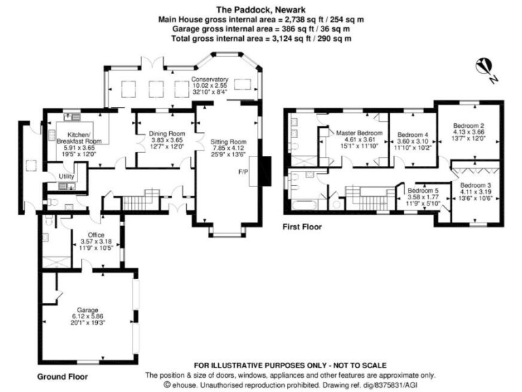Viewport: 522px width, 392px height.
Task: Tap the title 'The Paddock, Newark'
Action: pyautogui.click(x=260, y=9)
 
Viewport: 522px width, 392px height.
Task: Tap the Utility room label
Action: pyautogui.click(x=66, y=176)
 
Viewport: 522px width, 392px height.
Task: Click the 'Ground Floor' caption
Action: pyautogui.click(x=62, y=376)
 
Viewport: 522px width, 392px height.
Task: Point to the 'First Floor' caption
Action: pyautogui.click(x=303, y=227)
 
